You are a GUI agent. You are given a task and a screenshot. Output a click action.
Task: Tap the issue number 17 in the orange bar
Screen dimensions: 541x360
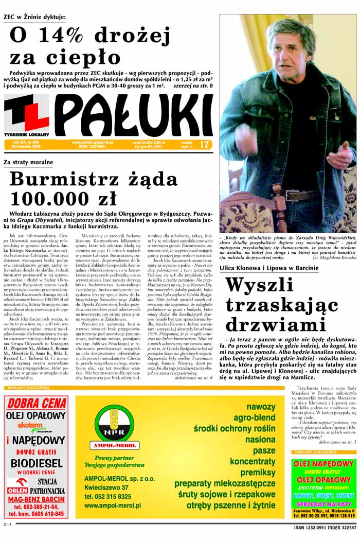coord(205,145)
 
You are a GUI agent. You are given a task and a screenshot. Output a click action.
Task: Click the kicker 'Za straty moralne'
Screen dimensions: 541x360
coord(28,162)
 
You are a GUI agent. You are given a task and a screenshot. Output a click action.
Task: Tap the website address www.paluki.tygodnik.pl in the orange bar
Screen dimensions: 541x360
coord(93,142)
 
